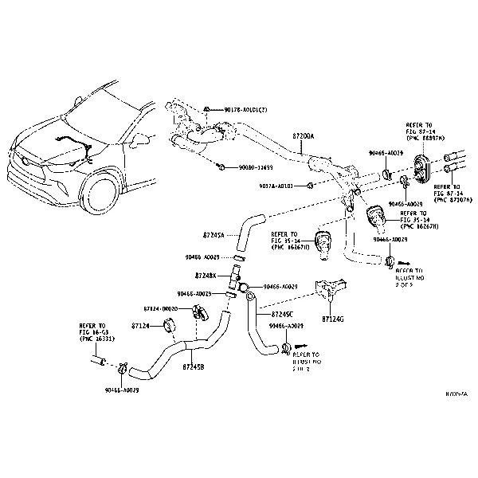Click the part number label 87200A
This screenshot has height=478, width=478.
pos(303,136)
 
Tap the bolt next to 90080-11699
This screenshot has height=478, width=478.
pos(219,167)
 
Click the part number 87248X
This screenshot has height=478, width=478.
pos(206,274)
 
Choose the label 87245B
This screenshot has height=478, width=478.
pos(193,366)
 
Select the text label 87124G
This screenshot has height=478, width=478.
pos(335,319)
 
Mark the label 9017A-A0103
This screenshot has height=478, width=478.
pos(276,186)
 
